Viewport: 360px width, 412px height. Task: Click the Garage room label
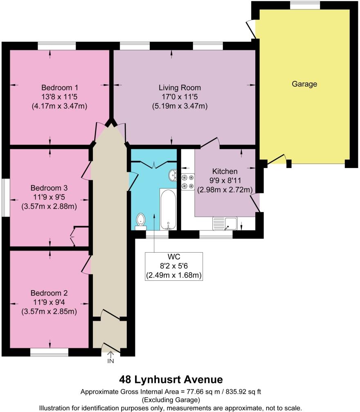(304, 84)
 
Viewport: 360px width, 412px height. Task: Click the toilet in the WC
(141, 219)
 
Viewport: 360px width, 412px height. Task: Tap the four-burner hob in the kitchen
(188, 182)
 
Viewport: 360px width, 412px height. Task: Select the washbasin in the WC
(173, 175)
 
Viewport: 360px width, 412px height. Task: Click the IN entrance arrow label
(110, 361)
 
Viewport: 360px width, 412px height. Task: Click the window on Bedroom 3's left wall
(4, 197)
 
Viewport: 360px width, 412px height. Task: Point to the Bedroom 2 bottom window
(49, 352)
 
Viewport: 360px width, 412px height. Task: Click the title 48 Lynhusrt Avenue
(171, 379)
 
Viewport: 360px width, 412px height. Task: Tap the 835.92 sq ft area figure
(242, 392)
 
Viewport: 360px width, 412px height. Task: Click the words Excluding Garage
(171, 400)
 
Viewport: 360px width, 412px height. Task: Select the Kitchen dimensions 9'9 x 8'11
(225, 180)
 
